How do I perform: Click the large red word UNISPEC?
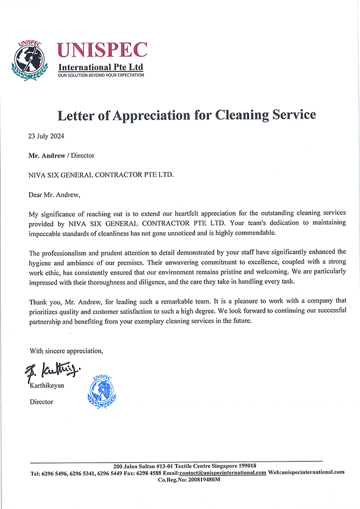102,50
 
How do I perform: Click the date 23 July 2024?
46,137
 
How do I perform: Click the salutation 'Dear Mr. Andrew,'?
55,193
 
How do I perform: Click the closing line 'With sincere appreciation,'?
66,351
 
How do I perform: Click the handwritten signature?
52,370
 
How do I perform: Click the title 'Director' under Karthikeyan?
41,402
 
